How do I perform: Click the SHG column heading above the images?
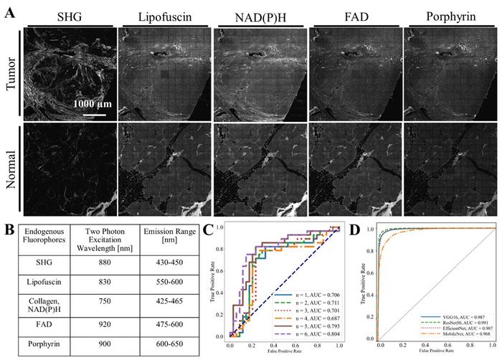(69, 16)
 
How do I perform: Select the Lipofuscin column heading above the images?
(163, 16)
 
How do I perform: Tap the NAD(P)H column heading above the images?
(258, 16)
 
